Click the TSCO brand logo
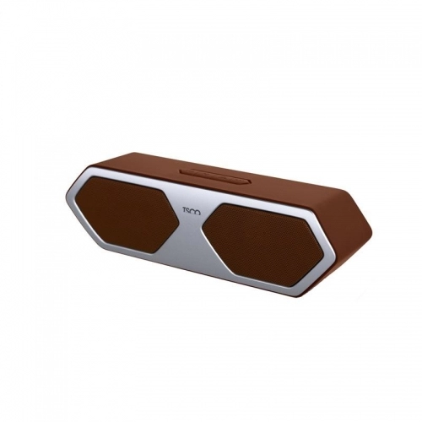pos(191,212)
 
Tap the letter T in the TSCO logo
pos(184,210)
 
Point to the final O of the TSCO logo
pos(197,213)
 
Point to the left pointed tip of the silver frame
pos(65,195)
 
